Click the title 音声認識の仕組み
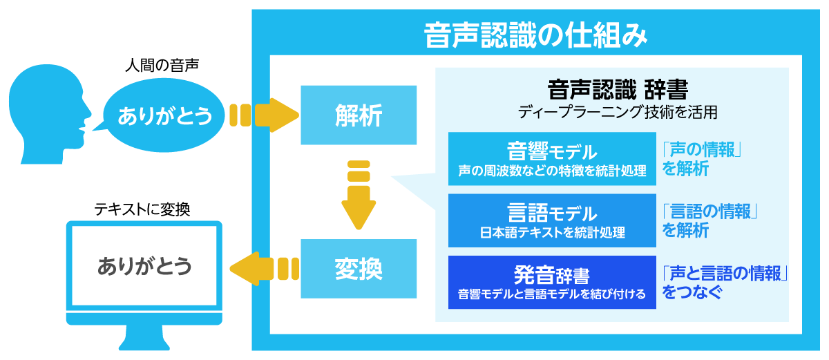535,35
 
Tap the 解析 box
359,115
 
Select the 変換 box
359,267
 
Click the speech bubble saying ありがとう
165,116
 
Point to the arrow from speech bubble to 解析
265,115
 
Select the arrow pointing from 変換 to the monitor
264,267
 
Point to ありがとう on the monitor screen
144,267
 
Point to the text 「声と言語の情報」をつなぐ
725,282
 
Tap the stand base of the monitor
144,341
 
